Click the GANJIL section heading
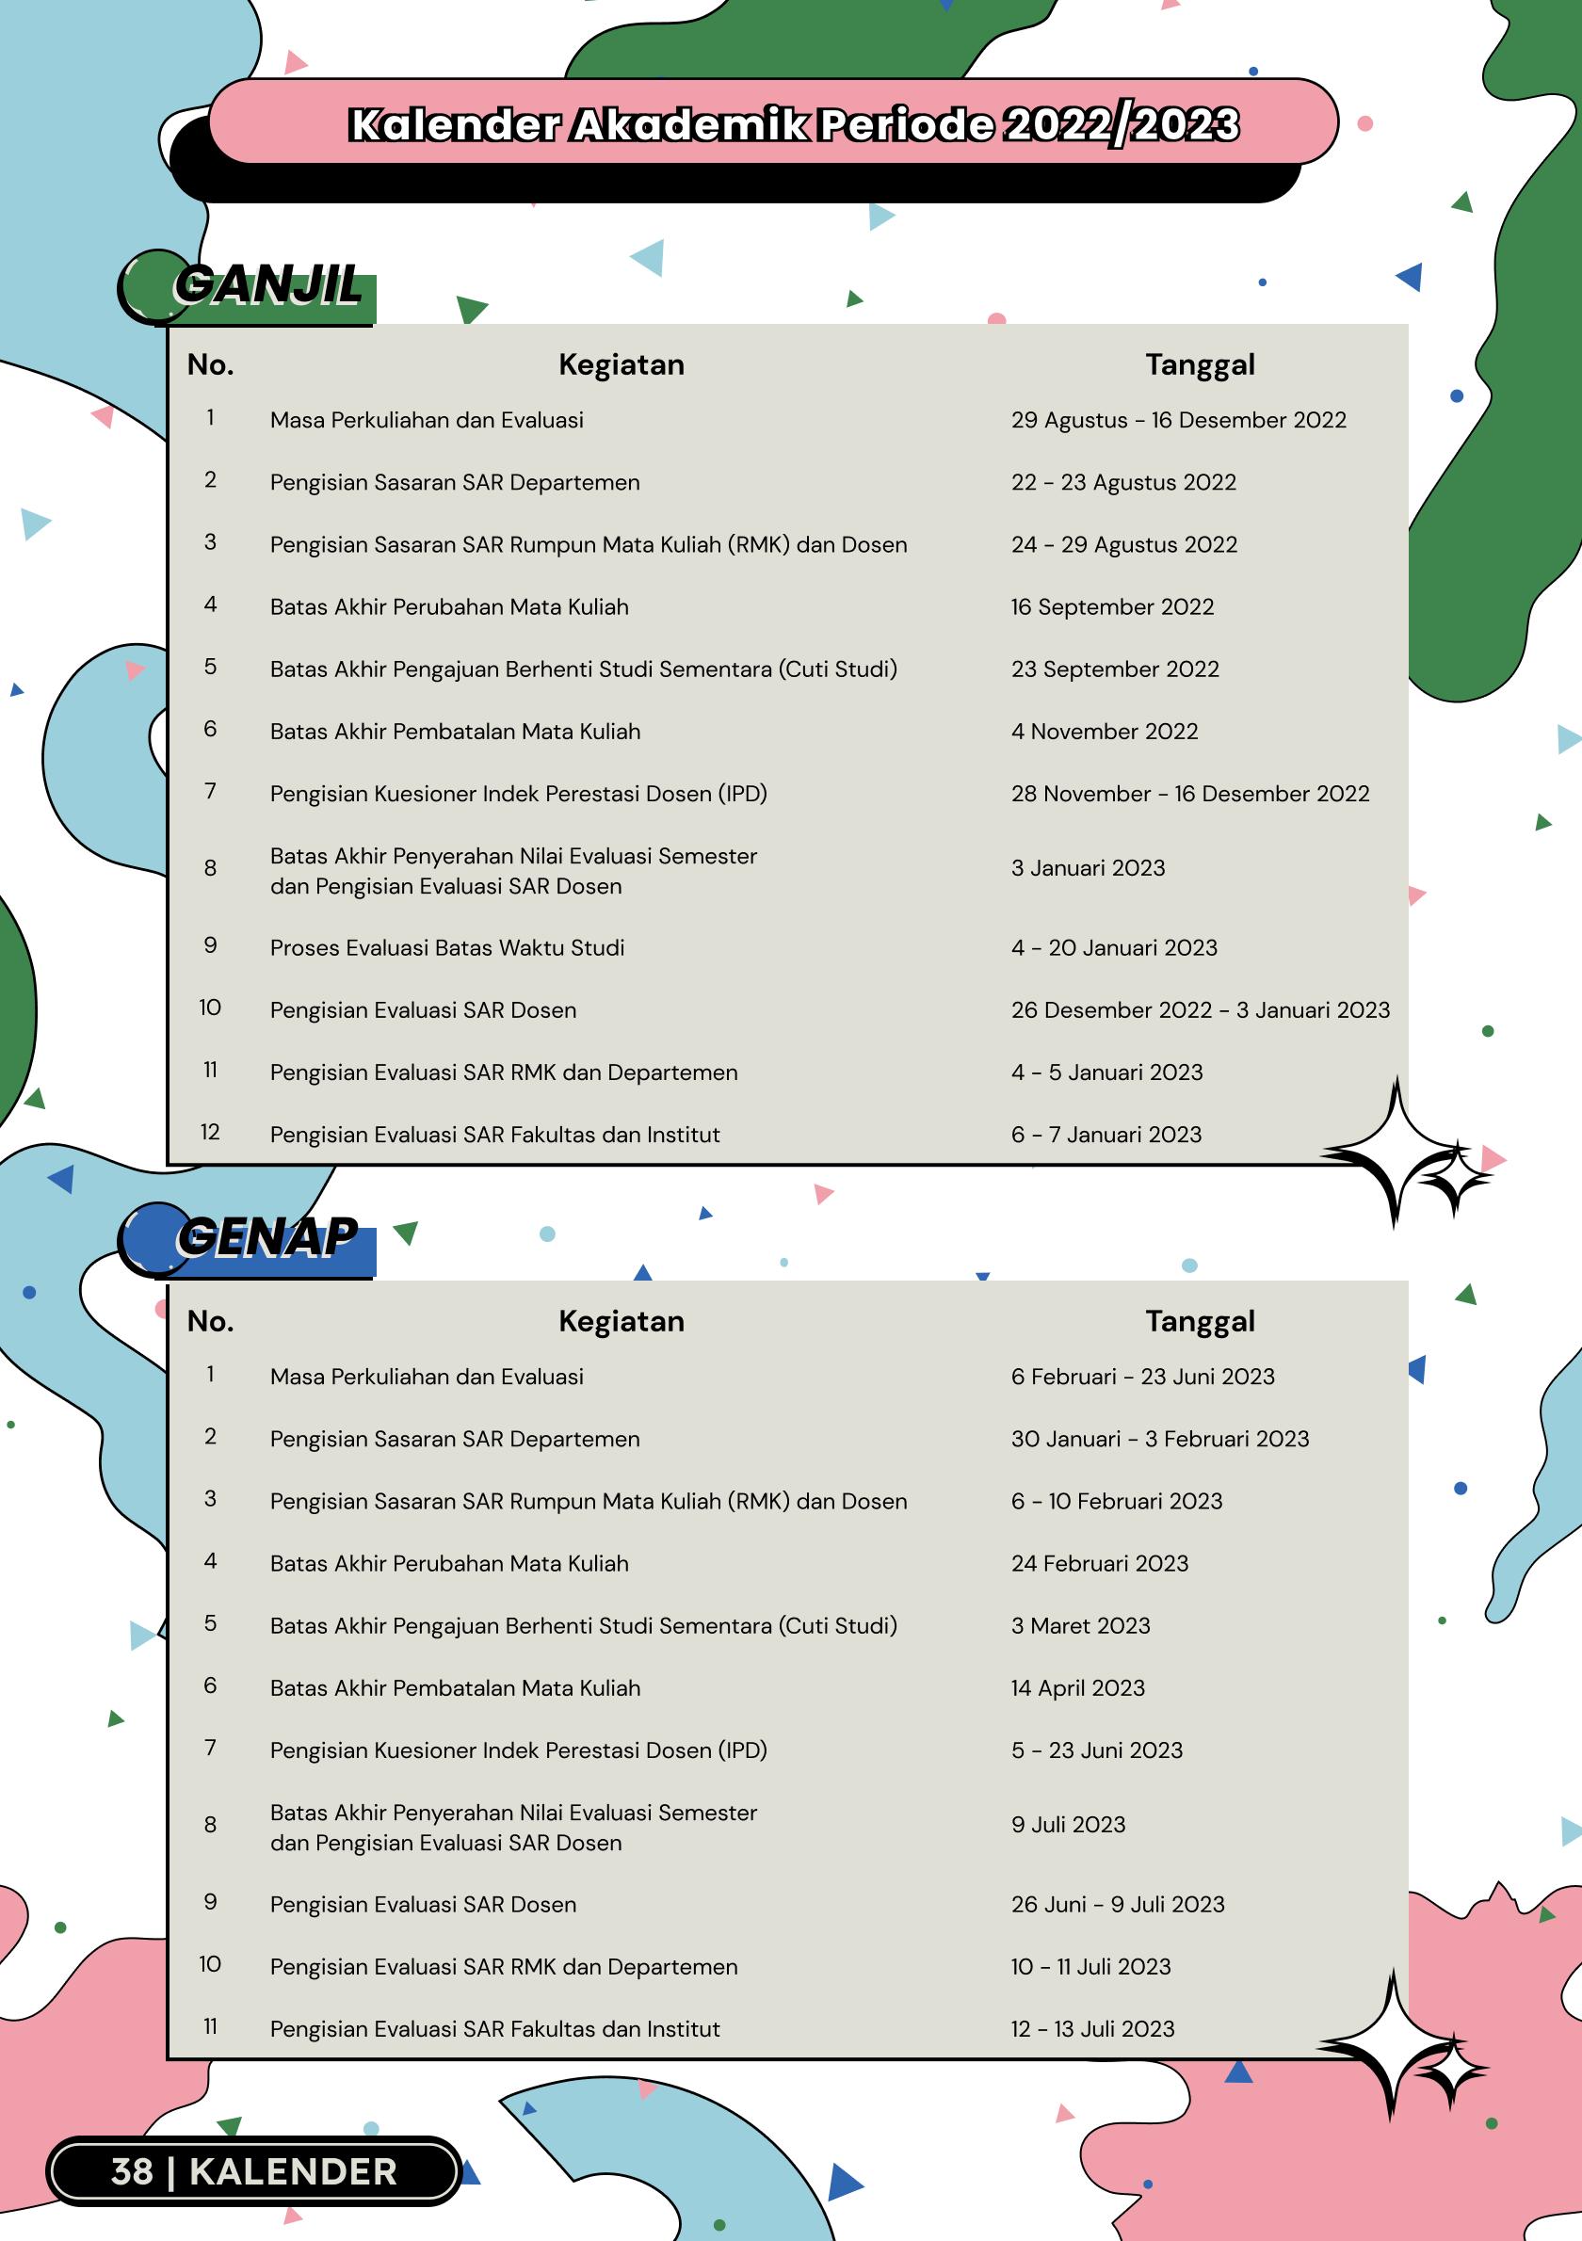coord(266,287)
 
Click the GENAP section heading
coord(266,1237)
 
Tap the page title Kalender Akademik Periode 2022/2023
coord(794,125)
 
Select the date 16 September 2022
coord(1112,607)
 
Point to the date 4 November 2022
coord(1104,732)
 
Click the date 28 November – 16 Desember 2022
coord(1189,795)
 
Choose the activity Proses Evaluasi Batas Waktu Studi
coord(447,948)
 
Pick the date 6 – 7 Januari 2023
coord(1106,1136)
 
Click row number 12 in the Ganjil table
coord(210,1132)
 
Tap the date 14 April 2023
coord(1077,1688)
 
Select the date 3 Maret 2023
coord(1080,1626)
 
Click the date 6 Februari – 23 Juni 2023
coord(1143,1378)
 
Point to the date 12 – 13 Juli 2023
coord(1092,2029)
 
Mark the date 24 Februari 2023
coord(1100,1564)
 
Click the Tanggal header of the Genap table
coord(1200,1322)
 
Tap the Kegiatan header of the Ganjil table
coord(621,365)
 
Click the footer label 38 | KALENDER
coord(253,2171)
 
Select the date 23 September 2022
coord(1115,669)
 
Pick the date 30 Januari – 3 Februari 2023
coord(1159,1440)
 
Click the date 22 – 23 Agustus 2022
coord(1123,483)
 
